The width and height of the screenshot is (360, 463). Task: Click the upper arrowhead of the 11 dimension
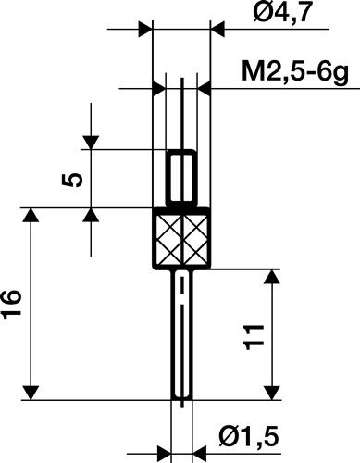point(272,279)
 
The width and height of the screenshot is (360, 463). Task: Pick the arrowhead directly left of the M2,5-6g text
point(207,89)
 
